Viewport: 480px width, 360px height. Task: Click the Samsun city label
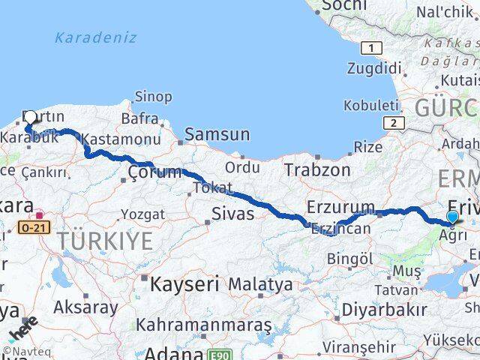[217, 135]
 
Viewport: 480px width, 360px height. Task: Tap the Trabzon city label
[317, 170]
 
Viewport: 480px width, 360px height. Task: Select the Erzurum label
[340, 208]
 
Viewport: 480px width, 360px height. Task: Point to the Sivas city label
[235, 215]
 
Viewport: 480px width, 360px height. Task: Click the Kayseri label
[184, 285]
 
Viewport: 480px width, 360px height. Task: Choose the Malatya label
[260, 285]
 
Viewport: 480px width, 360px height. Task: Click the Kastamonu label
[121, 140]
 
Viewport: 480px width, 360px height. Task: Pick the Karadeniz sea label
[95, 37]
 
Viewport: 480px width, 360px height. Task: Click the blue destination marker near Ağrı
[452, 218]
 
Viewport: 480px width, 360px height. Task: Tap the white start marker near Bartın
[30, 118]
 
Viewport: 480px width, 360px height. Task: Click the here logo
[23, 330]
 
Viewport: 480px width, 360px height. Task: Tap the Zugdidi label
[374, 68]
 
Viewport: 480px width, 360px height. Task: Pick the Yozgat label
[142, 214]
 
